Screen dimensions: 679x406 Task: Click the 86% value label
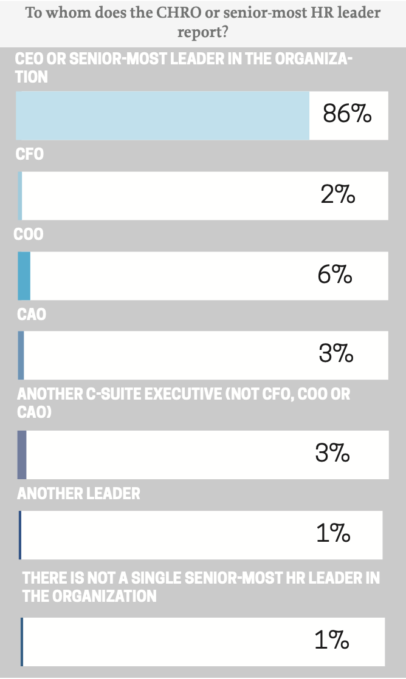pos(346,114)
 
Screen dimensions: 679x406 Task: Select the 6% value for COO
pos(334,275)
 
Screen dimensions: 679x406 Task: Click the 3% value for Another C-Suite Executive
pos(332,454)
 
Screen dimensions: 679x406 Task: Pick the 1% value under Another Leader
pos(332,534)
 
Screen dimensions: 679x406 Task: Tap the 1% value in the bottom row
pos(331,641)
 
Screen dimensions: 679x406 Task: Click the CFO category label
pos(30,154)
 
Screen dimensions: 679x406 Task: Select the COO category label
pos(29,234)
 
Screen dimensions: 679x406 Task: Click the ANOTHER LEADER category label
pos(78,493)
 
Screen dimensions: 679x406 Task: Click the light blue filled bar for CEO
pos(162,115)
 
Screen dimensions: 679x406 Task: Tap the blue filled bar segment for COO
pos(24,276)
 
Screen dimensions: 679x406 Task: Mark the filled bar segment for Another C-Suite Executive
pos(22,454)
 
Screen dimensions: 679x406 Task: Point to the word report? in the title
pos(202,32)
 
